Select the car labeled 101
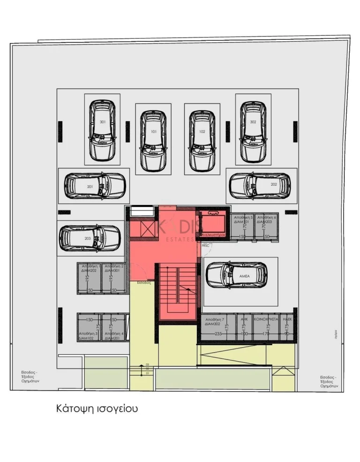[x=153, y=141]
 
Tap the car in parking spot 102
[x=202, y=141]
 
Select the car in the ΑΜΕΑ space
[x=237, y=275]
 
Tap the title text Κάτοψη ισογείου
[x=97, y=409]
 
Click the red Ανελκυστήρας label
[x=213, y=234]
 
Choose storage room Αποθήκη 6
[x=266, y=226]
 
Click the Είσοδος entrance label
[x=143, y=283]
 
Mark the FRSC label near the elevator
[x=205, y=245]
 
